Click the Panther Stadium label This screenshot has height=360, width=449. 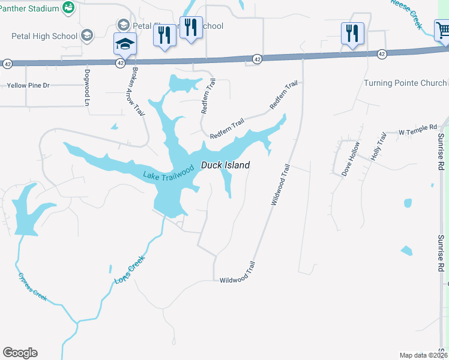(30, 8)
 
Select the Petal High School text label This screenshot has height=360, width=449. (44, 36)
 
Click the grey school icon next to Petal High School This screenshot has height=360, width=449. (88, 35)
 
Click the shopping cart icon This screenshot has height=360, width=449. (443, 29)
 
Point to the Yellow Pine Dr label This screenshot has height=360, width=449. (28, 86)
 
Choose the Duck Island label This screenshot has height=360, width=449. (225, 165)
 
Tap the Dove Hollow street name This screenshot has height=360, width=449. (351, 158)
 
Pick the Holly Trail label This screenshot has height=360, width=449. (379, 147)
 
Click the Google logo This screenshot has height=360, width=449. (20, 353)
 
